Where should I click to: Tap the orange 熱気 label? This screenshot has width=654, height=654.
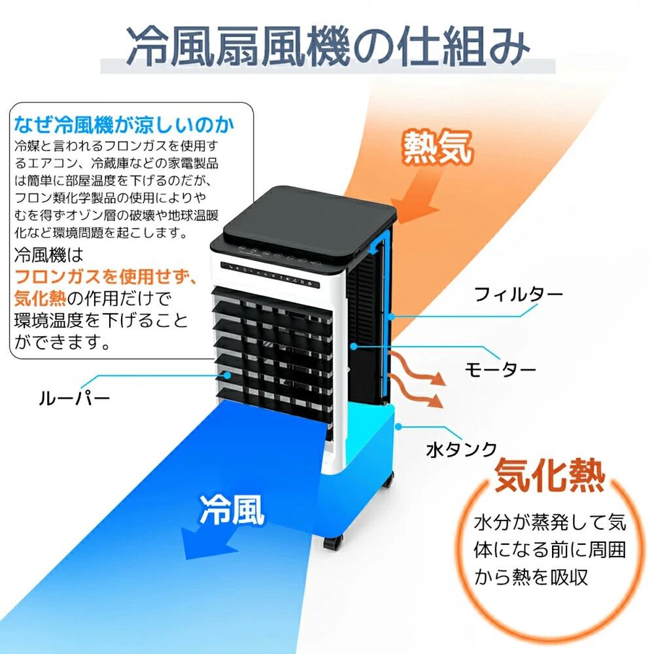click(437, 148)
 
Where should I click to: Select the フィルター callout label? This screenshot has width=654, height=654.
click(518, 295)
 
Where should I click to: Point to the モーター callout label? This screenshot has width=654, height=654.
click(500, 370)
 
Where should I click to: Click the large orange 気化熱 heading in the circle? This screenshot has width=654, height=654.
click(549, 476)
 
